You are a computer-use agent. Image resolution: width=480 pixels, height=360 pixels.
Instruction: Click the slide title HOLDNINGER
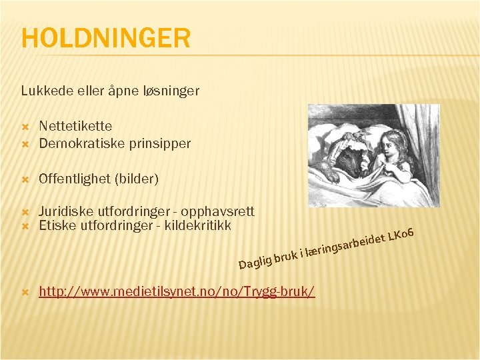(x=105, y=38)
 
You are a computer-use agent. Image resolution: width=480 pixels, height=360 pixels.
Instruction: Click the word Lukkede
(x=43, y=90)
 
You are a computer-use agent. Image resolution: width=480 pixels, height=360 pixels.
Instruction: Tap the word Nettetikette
(x=75, y=125)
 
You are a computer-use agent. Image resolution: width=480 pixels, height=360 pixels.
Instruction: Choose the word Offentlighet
(x=75, y=179)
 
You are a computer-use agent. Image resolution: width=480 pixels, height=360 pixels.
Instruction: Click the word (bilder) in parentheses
(x=137, y=179)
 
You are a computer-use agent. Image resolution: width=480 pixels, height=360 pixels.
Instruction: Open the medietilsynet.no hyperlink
(x=177, y=291)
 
